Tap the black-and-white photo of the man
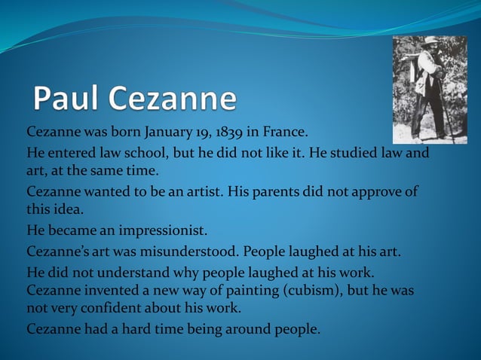tap(430, 89)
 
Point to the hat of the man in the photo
tap(430, 42)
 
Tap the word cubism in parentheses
tap(308, 290)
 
